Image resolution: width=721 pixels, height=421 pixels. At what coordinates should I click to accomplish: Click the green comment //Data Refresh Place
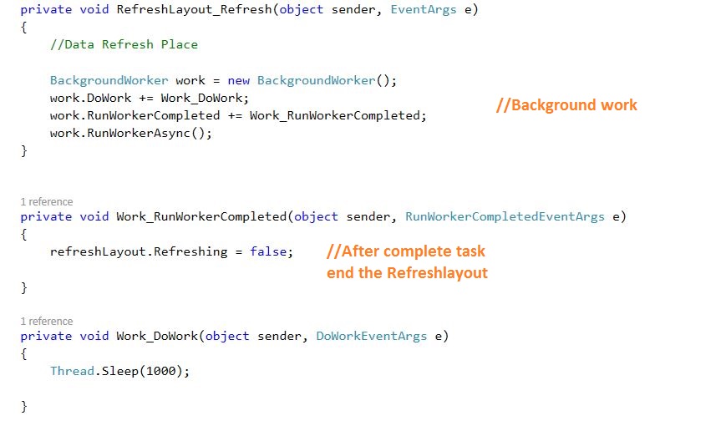pyautogui.click(x=124, y=44)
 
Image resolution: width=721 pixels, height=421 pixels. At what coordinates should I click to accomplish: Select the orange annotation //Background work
pyautogui.click(x=566, y=105)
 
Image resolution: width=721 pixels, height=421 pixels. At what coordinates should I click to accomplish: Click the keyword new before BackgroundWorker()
pyautogui.click(x=238, y=81)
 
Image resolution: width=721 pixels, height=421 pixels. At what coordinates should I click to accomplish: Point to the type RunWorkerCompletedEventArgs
pyautogui.click(x=505, y=216)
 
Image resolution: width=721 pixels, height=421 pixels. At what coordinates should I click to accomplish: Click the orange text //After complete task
pyautogui.click(x=405, y=251)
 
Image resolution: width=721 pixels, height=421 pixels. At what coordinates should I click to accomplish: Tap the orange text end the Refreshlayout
pyautogui.click(x=407, y=272)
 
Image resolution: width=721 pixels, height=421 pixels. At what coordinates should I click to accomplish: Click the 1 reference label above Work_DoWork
pyautogui.click(x=46, y=322)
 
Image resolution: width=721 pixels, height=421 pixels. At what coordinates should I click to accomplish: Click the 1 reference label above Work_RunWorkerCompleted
pyautogui.click(x=46, y=202)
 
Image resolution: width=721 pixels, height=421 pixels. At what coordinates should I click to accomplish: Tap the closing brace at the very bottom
pyautogui.click(x=24, y=406)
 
